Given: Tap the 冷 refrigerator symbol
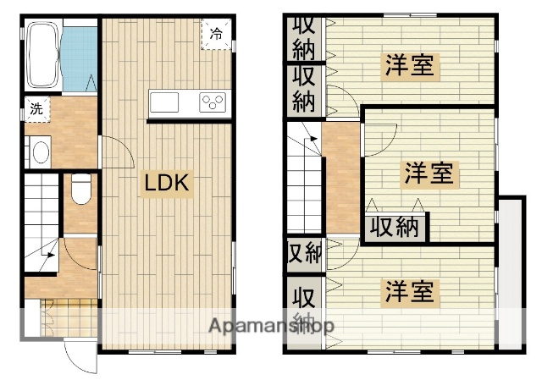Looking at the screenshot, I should [x=216, y=35].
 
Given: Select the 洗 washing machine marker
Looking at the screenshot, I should [x=36, y=109].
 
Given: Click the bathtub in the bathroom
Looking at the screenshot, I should [x=42, y=56].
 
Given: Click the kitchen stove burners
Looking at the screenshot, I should [x=213, y=102].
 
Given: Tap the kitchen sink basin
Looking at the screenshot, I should [x=164, y=102].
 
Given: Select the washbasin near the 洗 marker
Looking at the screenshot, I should [x=38, y=153].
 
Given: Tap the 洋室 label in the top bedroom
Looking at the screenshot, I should [x=411, y=66].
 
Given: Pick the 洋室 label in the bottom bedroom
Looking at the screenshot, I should [x=411, y=293].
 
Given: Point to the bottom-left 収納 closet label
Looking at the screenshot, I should [x=303, y=308].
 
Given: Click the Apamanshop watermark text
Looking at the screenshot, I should [x=271, y=326].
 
